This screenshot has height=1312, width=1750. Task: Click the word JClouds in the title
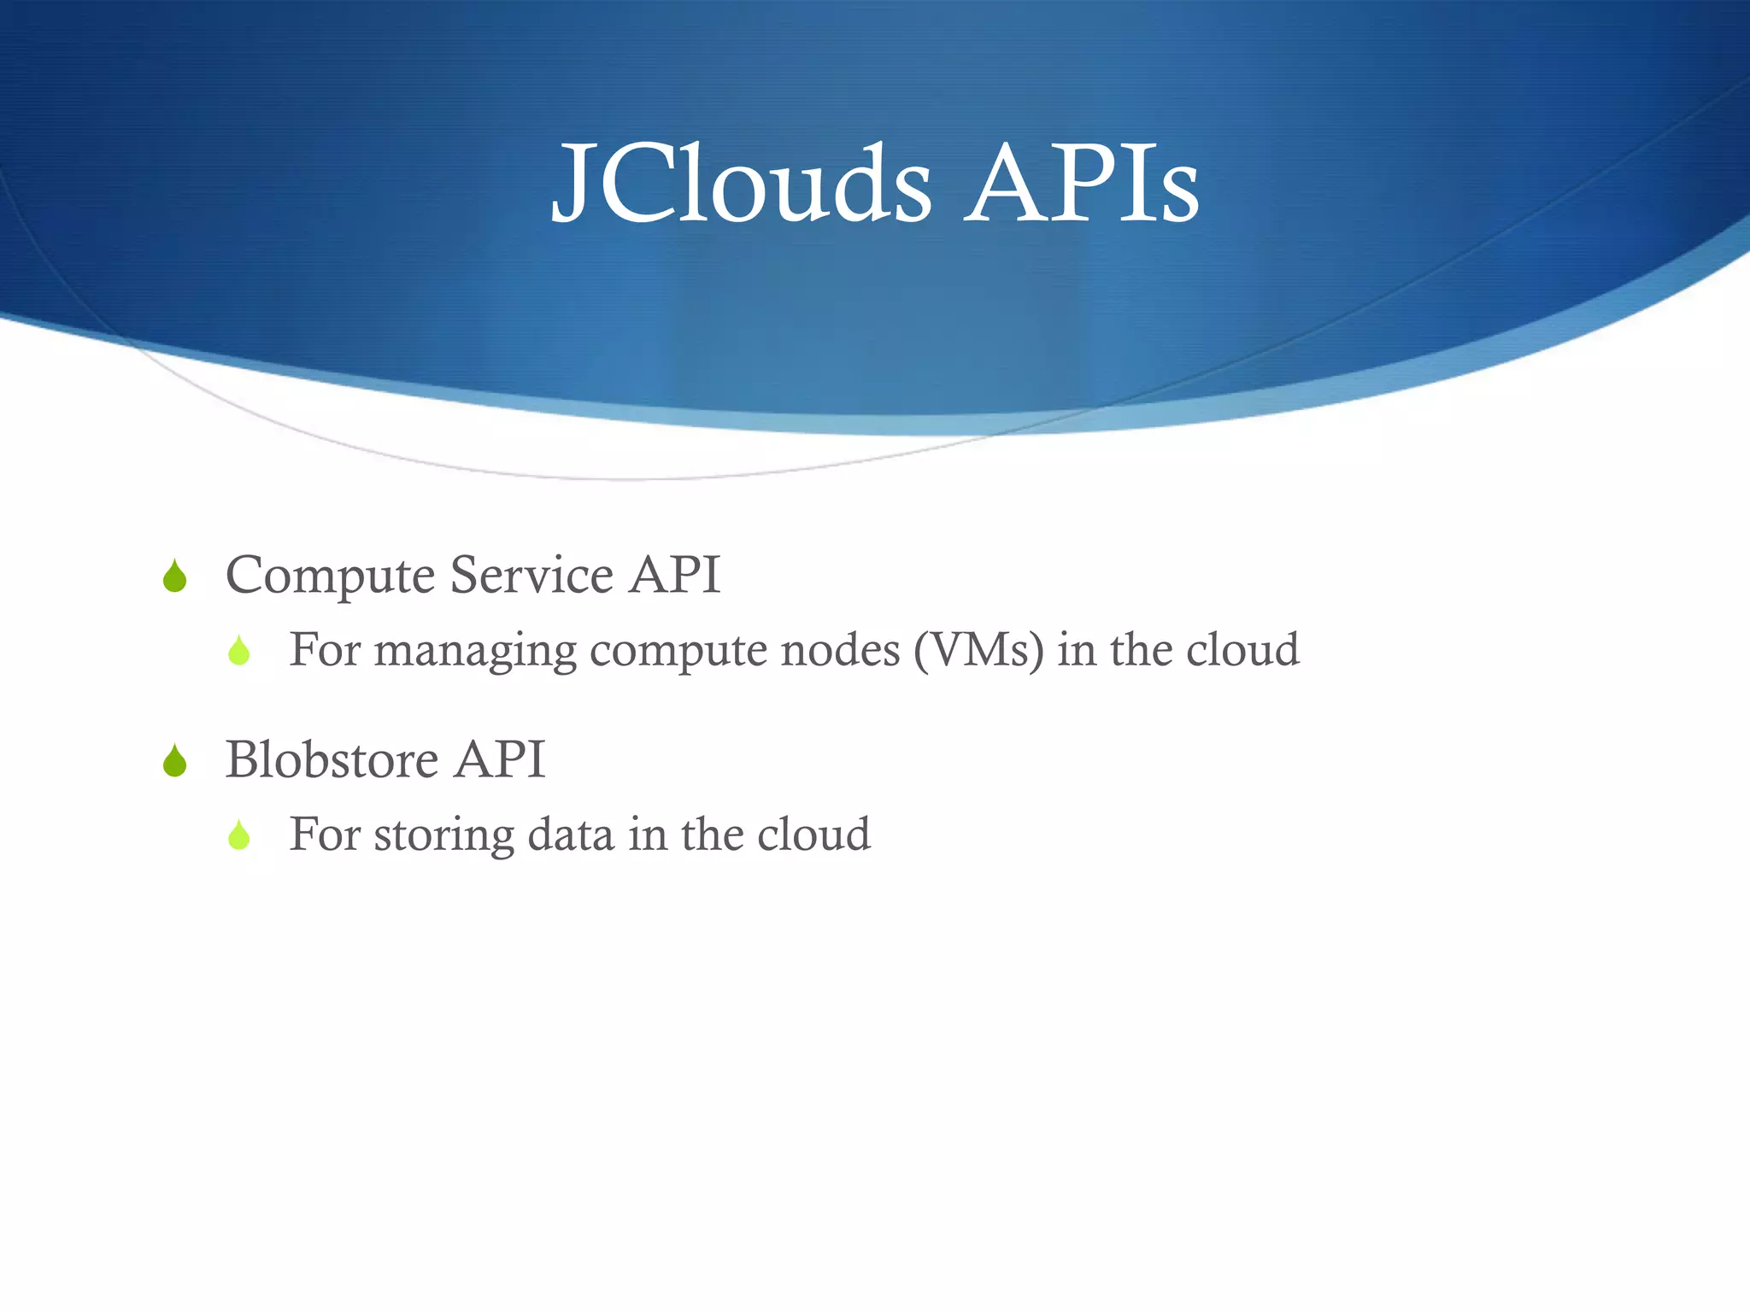[x=742, y=184]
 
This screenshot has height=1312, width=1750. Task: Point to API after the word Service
[x=675, y=574]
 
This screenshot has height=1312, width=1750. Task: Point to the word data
[x=571, y=834]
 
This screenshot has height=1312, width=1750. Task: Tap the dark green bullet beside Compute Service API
[x=175, y=577]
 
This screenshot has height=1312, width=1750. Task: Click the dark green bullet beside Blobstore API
[x=175, y=761]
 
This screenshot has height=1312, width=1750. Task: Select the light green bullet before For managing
[x=239, y=652]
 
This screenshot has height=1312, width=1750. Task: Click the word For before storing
[x=325, y=834]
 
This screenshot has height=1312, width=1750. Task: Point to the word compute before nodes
[x=678, y=651]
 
